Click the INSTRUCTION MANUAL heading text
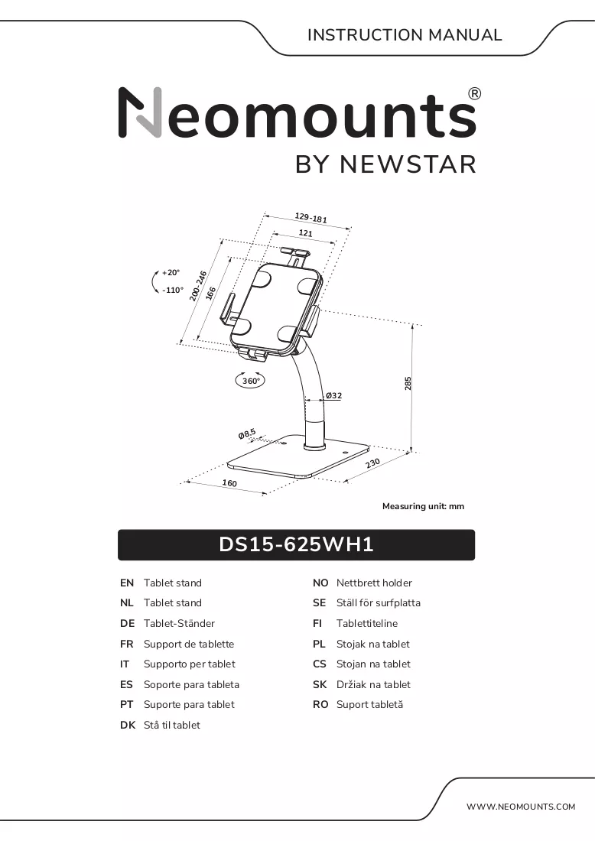pos(405,35)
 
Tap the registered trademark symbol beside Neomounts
pos(475,94)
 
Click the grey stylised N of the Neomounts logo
pos(140,112)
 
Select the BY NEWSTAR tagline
pos(385,164)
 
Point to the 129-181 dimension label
pos(311,217)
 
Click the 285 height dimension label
pos(408,383)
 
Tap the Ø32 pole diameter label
pos(333,396)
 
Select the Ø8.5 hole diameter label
pos(247,433)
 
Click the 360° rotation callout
pos(251,381)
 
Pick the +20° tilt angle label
pos(171,272)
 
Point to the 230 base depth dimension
pos(373,463)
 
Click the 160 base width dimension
pos(229,482)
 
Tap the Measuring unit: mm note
pos(424,506)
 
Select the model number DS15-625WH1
pos(296,544)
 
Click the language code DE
pos(127,623)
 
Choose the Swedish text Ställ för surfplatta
pos(379,603)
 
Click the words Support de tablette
pos(189,644)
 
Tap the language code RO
pos(320,704)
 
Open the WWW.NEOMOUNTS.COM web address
pos(521,806)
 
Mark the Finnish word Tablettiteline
pos(367,623)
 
